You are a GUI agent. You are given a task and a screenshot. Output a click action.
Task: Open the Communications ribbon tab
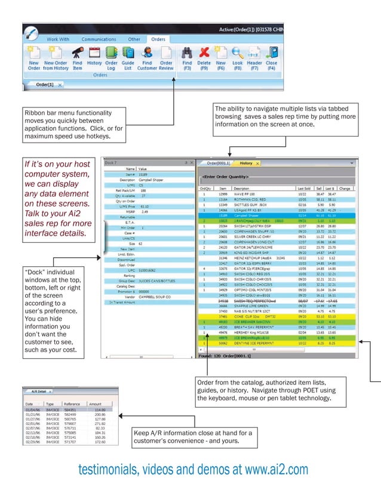(99, 39)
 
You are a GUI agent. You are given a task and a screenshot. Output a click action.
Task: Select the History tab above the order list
(246, 163)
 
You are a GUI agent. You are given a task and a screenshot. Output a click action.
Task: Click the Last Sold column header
(304, 188)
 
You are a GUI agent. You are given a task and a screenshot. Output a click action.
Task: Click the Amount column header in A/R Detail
(95, 404)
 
